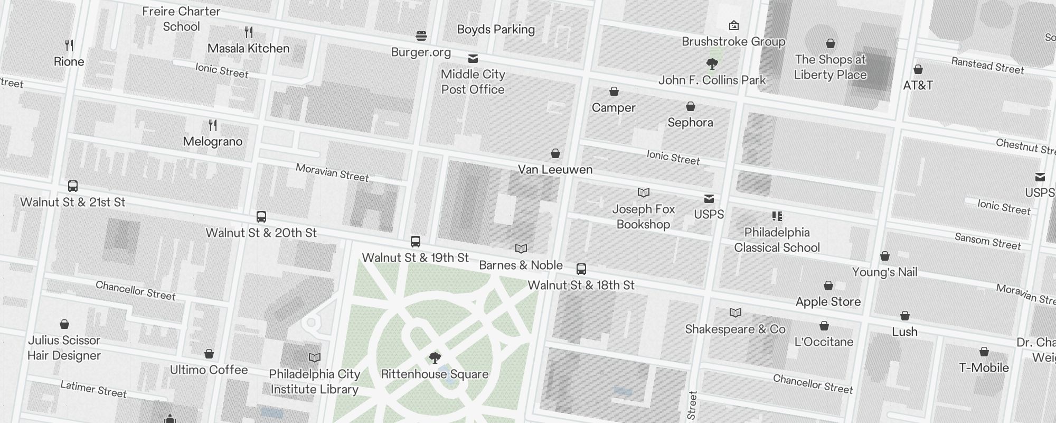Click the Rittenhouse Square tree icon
[435, 358]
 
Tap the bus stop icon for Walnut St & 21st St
[73, 186]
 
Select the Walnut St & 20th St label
[261, 233]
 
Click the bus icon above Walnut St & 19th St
[416, 242]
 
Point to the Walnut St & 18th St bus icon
[581, 269]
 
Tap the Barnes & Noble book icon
[521, 249]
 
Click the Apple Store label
[828, 302]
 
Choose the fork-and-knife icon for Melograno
[213, 125]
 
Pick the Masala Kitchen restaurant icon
[249, 32]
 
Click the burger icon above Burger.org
[421, 36]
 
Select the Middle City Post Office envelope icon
[473, 58]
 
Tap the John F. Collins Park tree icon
[712, 64]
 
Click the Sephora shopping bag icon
[690, 107]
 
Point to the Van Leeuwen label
[555, 170]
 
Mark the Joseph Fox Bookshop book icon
[643, 193]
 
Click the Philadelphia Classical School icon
[777, 216]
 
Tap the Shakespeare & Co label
[735, 329]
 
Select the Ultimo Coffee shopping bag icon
[209, 354]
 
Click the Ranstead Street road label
[987, 66]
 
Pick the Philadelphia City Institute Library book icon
[314, 358]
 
